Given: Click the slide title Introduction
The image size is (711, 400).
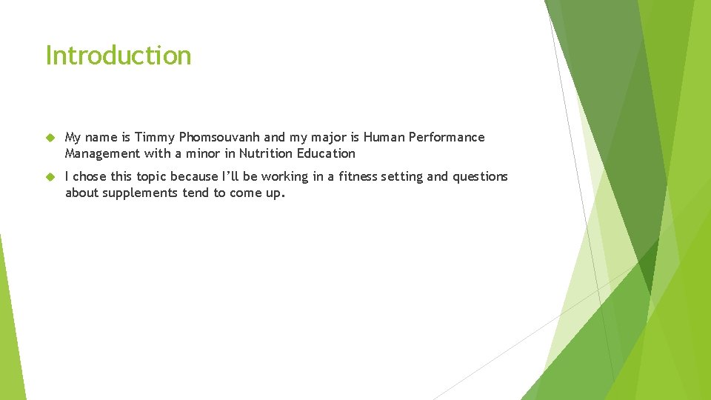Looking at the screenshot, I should tap(118, 56).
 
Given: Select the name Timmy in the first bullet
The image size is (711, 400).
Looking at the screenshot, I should tap(155, 138).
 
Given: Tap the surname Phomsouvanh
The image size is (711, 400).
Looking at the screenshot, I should tap(220, 138).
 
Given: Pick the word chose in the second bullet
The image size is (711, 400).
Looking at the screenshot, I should tap(90, 177).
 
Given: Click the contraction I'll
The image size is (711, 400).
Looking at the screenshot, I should tap(230, 177).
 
